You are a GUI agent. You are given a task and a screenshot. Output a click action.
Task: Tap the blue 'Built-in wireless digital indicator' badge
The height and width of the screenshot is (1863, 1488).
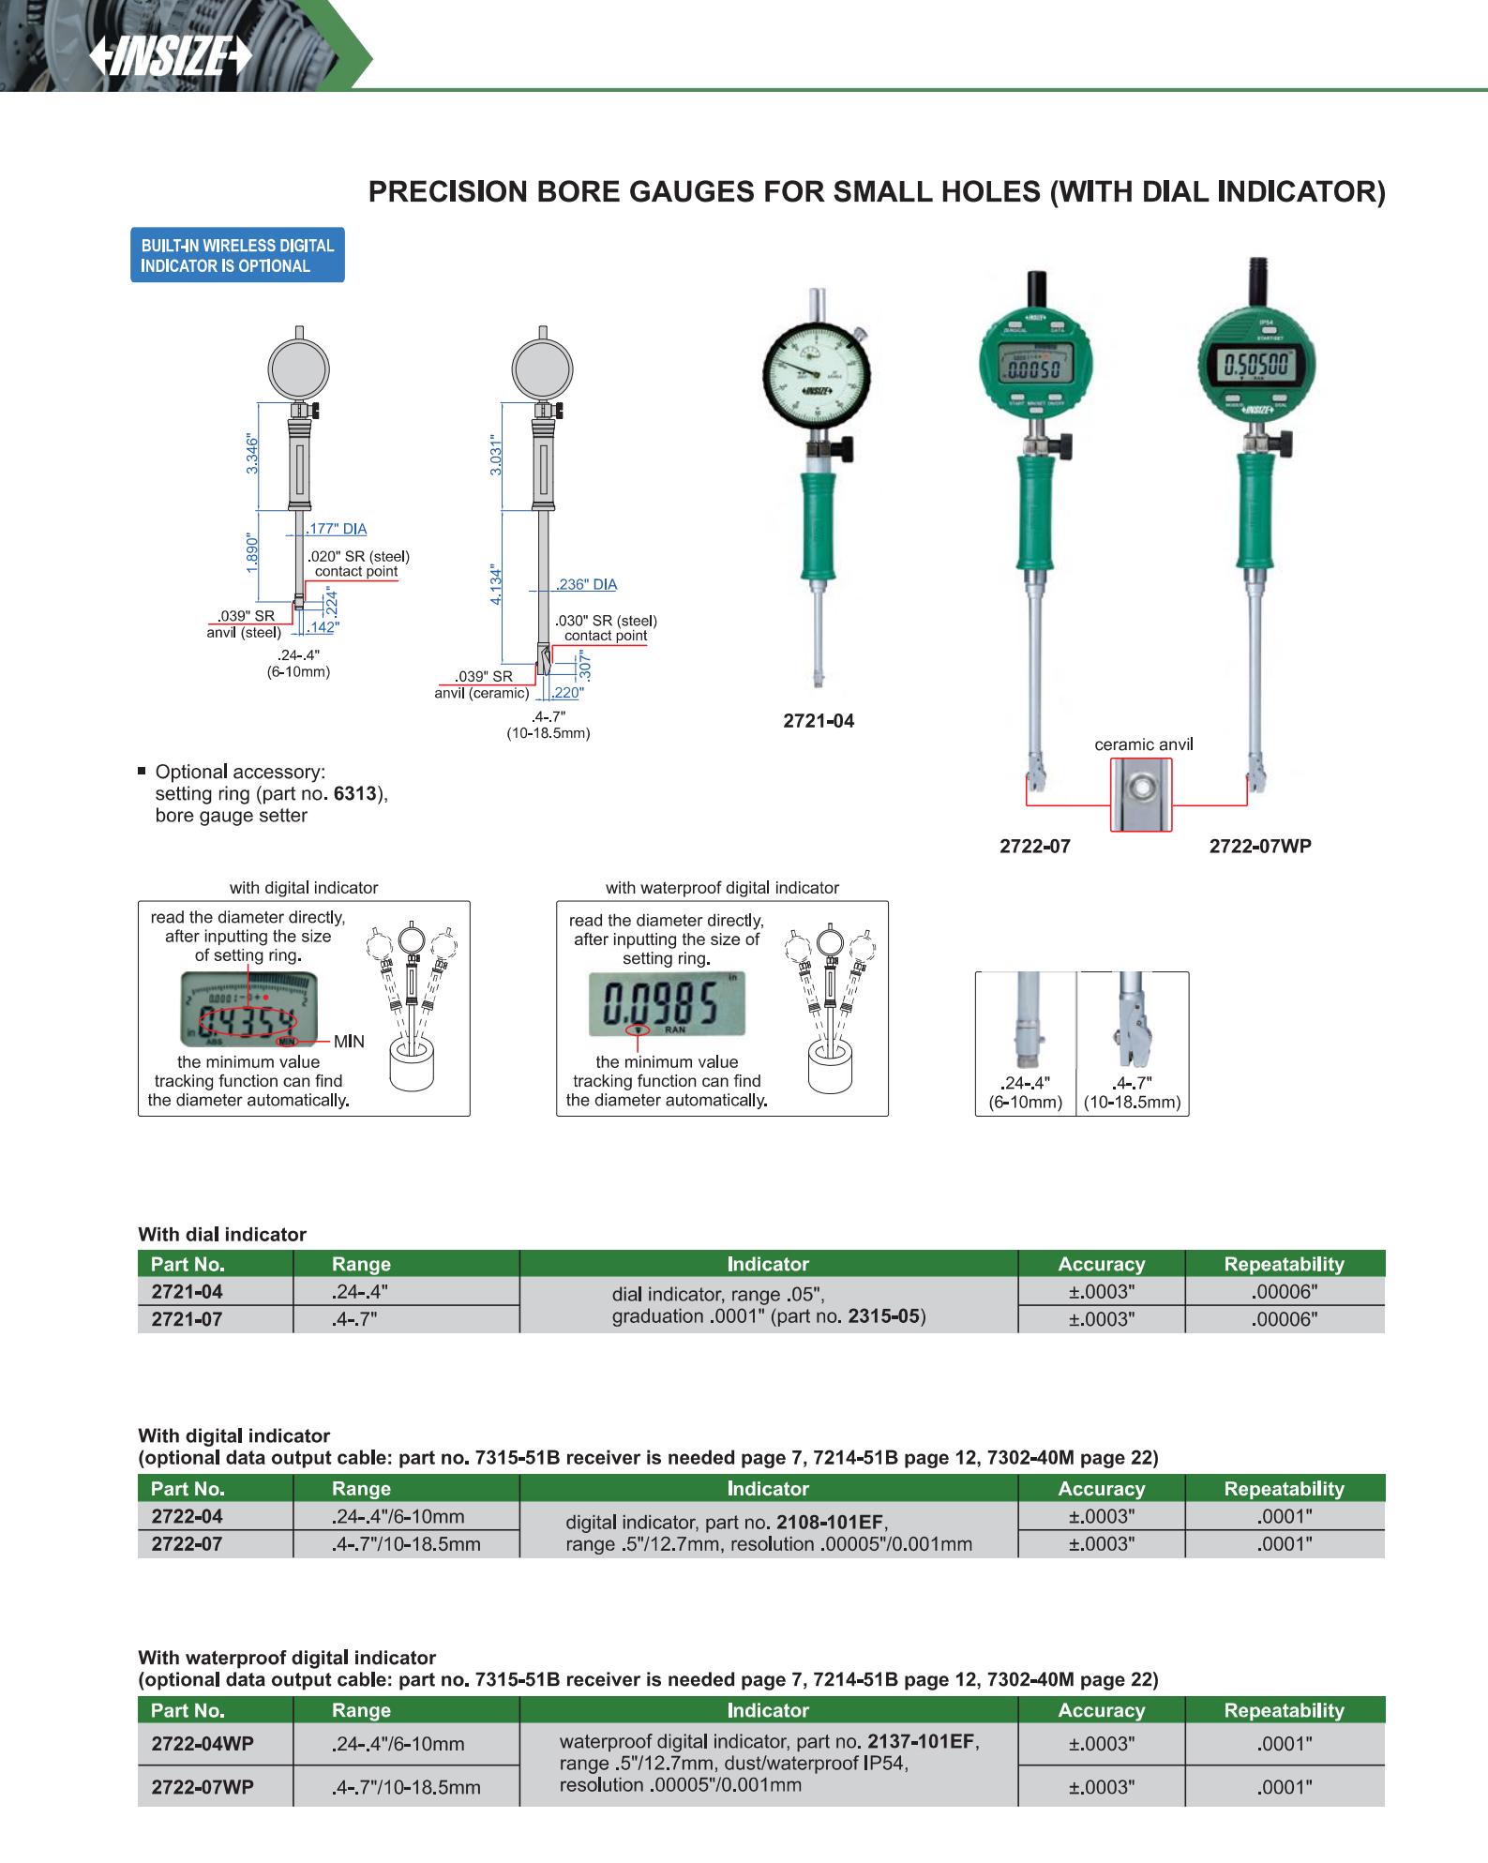click(x=237, y=255)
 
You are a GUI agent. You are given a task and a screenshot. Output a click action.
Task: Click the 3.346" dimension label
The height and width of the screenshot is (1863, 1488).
click(x=251, y=454)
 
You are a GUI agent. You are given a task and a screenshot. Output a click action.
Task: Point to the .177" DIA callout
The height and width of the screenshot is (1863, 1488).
click(x=338, y=529)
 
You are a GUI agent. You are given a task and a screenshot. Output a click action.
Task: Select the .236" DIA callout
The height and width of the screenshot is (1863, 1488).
click(x=587, y=584)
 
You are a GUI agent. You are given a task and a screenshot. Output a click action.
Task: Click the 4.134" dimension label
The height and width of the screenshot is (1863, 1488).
click(x=498, y=584)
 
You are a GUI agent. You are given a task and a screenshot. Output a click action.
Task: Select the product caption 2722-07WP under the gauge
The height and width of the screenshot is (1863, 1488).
click(x=1259, y=846)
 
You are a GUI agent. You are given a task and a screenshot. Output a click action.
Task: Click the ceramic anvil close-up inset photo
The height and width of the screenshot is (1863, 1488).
click(x=1140, y=794)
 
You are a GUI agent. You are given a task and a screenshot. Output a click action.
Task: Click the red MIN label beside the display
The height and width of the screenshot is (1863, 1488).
click(x=349, y=1042)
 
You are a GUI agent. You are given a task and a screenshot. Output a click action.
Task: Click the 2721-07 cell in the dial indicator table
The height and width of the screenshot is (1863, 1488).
click(x=188, y=1319)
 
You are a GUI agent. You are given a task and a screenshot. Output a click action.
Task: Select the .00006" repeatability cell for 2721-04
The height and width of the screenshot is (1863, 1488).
click(x=1285, y=1291)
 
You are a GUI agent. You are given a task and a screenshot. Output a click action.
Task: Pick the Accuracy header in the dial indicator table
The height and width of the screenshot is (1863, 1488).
click(x=1101, y=1264)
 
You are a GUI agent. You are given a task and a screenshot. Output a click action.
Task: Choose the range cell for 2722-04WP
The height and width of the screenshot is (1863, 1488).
click(x=398, y=1744)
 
